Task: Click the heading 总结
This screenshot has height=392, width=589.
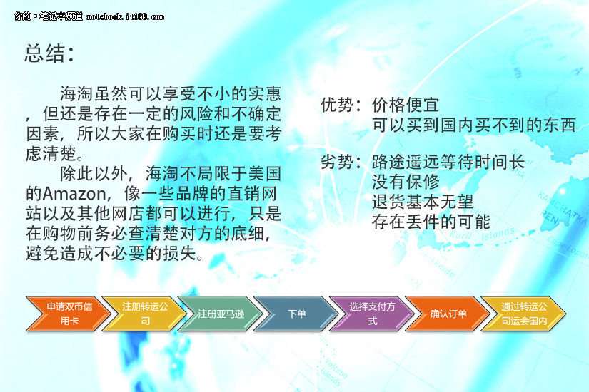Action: point(45,53)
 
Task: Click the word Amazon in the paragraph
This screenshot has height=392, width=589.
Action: point(74,194)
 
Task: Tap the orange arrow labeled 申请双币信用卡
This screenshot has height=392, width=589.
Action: point(68,314)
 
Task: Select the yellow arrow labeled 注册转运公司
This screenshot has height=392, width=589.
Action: point(144,314)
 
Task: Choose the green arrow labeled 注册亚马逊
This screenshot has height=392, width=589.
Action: point(220,314)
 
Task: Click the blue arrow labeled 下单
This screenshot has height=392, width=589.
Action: point(296,314)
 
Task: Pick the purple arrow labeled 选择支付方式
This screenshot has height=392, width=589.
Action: point(371,314)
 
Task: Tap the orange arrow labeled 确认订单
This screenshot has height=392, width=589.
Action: point(448,314)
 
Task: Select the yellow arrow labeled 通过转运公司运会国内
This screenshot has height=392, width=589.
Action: point(523,314)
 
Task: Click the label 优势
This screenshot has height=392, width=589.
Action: point(337,105)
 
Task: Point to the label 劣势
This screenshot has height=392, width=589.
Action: point(337,163)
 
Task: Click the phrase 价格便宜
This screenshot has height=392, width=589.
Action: point(406,105)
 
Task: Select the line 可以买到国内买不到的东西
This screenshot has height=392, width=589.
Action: point(473,125)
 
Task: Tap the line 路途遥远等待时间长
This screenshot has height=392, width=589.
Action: point(448,163)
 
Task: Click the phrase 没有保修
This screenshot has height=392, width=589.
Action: point(406,182)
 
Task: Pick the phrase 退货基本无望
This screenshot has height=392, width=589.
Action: point(423,202)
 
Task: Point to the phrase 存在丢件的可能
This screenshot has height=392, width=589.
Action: point(431,222)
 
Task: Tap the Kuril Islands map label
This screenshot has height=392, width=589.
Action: point(482,235)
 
